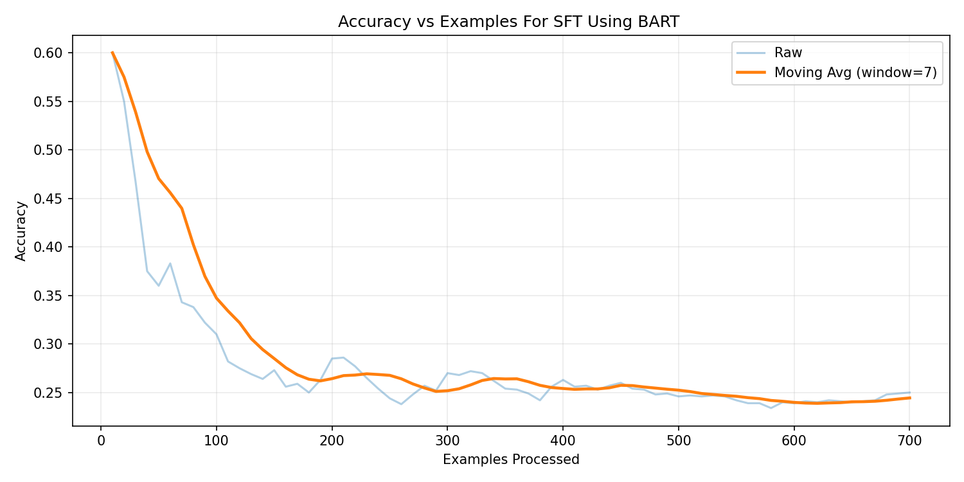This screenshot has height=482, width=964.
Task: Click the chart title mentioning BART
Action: click(508, 22)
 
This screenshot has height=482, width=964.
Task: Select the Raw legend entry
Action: click(788, 53)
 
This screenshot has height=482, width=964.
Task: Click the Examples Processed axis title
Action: click(511, 460)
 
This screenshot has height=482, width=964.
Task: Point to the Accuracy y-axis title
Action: click(21, 231)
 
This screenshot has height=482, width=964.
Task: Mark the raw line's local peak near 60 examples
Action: click(170, 263)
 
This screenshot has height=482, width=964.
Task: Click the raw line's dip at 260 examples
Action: click(401, 404)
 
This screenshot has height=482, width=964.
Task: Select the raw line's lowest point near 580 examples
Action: click(771, 408)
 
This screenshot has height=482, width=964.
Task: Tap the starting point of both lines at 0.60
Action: click(112, 53)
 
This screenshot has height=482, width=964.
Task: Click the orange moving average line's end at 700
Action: click(909, 398)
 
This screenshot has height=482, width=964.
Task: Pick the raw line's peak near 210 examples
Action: click(343, 357)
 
